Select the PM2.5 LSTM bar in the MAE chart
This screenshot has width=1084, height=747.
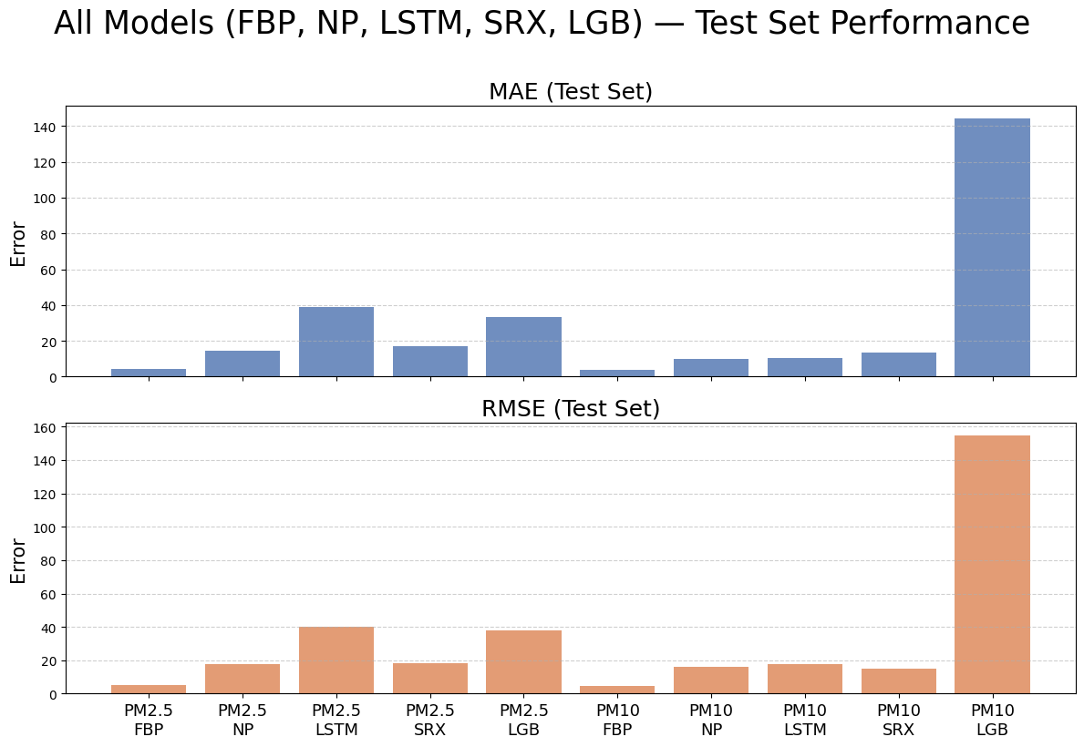pyautogui.click(x=336, y=342)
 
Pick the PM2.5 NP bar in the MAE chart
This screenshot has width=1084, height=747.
pyautogui.click(x=243, y=363)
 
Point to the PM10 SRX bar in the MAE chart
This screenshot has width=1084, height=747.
pyautogui.click(x=898, y=364)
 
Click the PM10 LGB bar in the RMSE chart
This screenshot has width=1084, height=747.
pyautogui.click(x=992, y=565)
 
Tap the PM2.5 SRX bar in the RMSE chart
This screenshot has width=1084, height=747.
pyautogui.click(x=430, y=679)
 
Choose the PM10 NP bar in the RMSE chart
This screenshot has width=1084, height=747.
pyautogui.click(x=711, y=680)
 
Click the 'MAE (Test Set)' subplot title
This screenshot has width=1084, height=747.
pyautogui.click(x=571, y=92)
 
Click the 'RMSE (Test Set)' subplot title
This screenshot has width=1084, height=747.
pyautogui.click(x=571, y=409)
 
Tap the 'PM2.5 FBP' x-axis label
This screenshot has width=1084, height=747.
pyautogui.click(x=149, y=719)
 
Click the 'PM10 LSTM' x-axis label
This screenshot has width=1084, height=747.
pyautogui.click(x=805, y=719)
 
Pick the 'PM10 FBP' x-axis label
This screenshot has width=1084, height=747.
pyautogui.click(x=617, y=719)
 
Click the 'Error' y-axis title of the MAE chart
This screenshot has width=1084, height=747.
pyautogui.click(x=19, y=242)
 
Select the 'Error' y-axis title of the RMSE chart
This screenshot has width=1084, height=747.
pyautogui.click(x=19, y=559)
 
